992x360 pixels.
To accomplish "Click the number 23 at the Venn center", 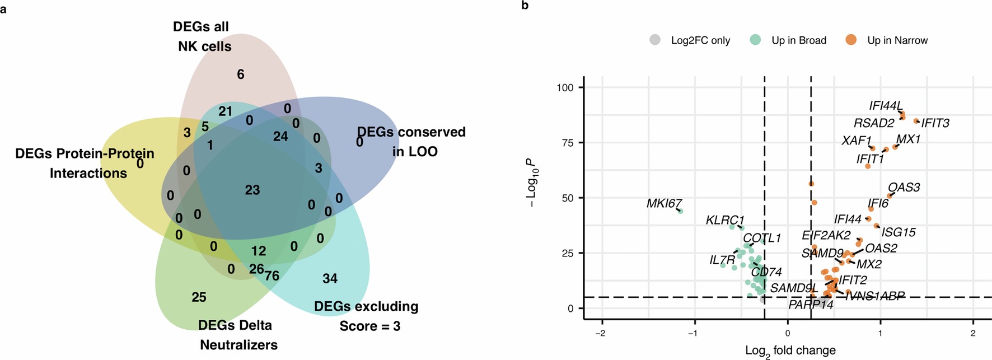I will (x=252, y=190).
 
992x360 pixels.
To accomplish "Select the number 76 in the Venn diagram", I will (x=272, y=275).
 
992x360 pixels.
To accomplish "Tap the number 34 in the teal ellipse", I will (x=330, y=278).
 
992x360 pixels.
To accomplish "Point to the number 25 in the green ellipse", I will (x=199, y=297).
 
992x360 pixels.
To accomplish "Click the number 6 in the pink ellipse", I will (x=241, y=74).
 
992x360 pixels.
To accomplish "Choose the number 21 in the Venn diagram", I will (x=226, y=111).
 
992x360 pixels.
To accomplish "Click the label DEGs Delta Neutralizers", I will (x=238, y=335).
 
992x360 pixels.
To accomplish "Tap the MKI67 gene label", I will (x=664, y=203).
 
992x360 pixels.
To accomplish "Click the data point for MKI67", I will (x=680, y=211).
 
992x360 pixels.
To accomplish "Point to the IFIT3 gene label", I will (x=935, y=123).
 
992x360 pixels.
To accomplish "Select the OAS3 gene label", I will (x=904, y=188).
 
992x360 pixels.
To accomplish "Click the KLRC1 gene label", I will (x=725, y=221).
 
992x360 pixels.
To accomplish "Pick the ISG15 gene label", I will (x=899, y=232).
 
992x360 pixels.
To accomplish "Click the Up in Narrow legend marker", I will (x=851, y=40).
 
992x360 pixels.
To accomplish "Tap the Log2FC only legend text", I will (x=700, y=40).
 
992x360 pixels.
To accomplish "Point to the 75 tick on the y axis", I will (x=567, y=143).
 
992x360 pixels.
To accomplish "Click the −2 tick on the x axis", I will (x=600, y=333).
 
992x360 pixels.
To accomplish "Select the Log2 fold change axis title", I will (x=790, y=351).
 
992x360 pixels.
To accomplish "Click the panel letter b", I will (x=525, y=6).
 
